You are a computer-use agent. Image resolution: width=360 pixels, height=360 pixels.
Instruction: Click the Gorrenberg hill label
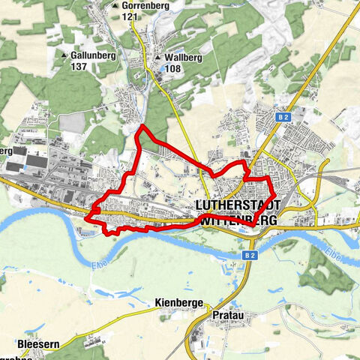point(147,5)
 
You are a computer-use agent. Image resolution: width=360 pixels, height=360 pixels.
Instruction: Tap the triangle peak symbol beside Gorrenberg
point(115,6)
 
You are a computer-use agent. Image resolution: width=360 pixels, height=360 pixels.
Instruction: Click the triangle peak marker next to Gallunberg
point(64,55)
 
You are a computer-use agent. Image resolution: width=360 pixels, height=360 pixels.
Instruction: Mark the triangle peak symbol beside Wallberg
point(158,57)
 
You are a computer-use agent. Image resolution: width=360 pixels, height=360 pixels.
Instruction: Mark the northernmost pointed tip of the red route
point(139,127)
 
